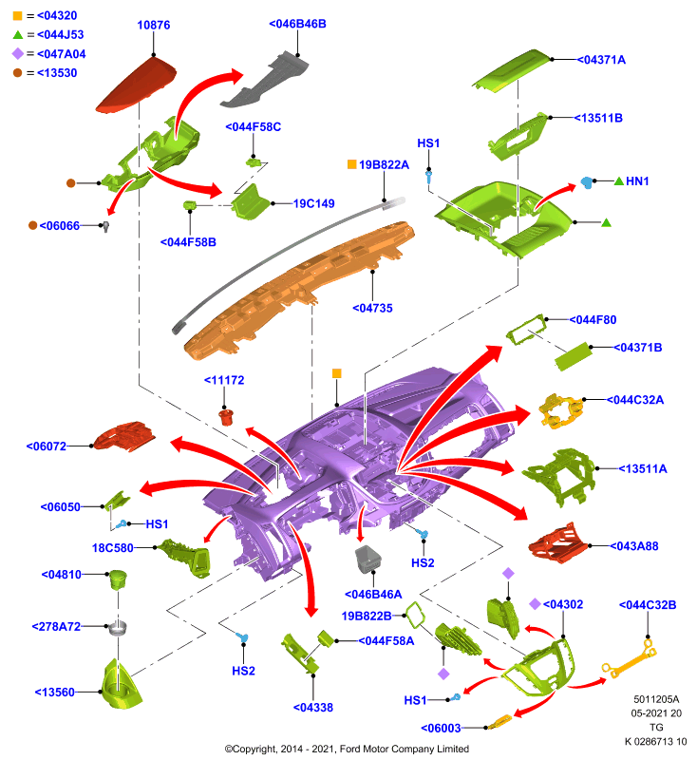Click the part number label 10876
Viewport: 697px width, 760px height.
[154, 25]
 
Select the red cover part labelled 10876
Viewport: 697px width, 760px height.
[137, 85]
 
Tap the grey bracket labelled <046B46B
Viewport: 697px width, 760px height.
[265, 80]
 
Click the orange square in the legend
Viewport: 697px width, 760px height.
[17, 15]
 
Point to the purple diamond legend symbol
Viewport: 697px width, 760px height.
[17, 53]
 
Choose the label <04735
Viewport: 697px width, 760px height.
[372, 308]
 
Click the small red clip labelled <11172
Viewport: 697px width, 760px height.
[226, 417]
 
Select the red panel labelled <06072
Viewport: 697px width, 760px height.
[124, 436]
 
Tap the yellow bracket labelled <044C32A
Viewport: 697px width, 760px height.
[561, 411]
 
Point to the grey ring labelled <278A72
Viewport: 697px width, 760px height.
[118, 627]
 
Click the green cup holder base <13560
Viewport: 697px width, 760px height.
[121, 685]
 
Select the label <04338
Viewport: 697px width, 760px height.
[313, 708]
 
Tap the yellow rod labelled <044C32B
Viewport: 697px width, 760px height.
[630, 658]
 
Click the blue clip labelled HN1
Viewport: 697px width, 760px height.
[587, 182]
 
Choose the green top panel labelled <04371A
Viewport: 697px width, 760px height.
[513, 70]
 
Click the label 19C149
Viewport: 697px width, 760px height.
[314, 203]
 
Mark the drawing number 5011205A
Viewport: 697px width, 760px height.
[656, 699]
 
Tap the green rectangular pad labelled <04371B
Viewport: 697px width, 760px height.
[574, 356]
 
